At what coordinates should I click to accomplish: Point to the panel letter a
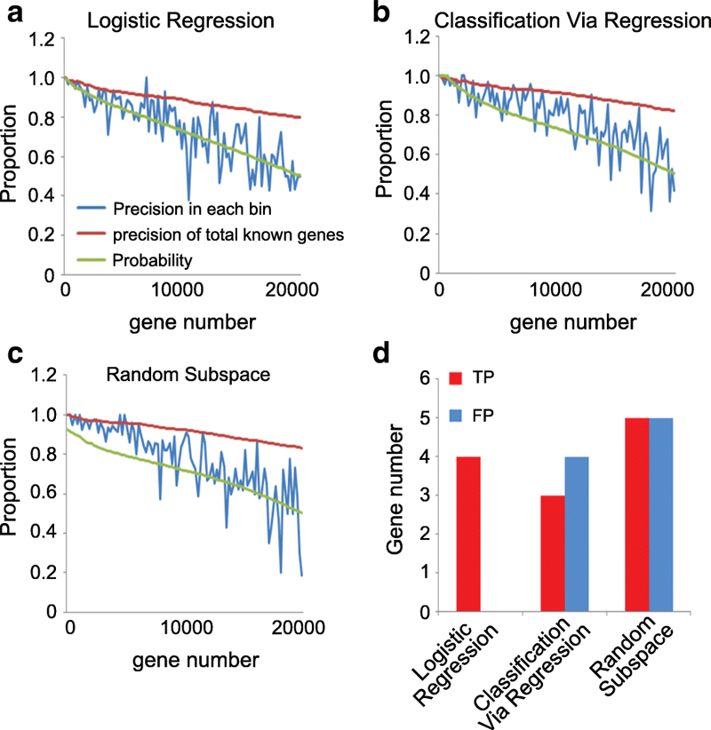[x=15, y=13]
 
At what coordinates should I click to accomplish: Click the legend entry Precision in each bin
[x=190, y=210]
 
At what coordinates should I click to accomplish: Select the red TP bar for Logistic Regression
[x=468, y=533]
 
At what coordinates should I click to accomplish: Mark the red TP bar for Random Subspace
[x=626, y=514]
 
